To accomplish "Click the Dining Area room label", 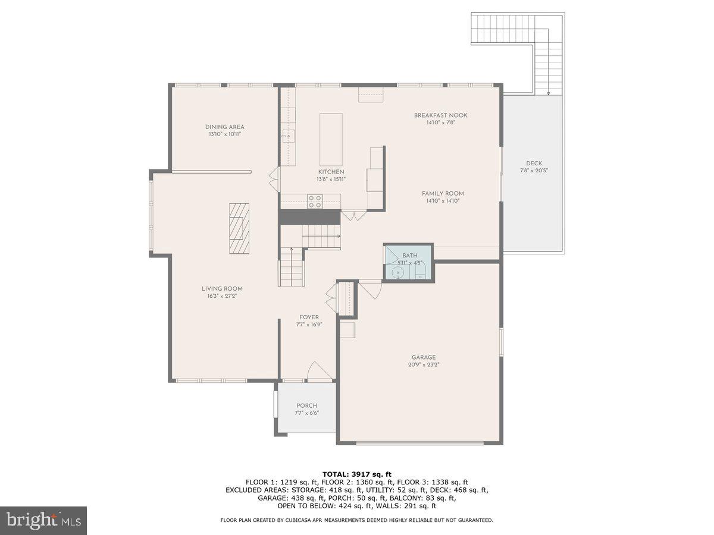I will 224,127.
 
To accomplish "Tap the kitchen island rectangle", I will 331,140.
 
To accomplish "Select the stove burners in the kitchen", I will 315,202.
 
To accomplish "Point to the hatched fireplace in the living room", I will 239,228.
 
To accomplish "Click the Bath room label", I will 409,256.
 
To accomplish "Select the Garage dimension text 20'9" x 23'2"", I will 424,365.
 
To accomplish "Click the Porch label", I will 307,406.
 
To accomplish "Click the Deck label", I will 534,163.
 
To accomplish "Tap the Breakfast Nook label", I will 440,115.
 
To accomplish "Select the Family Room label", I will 443,193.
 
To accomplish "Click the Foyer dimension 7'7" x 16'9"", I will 309,325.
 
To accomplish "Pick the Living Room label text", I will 222,289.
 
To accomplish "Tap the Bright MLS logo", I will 43,521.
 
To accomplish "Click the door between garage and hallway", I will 371,289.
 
